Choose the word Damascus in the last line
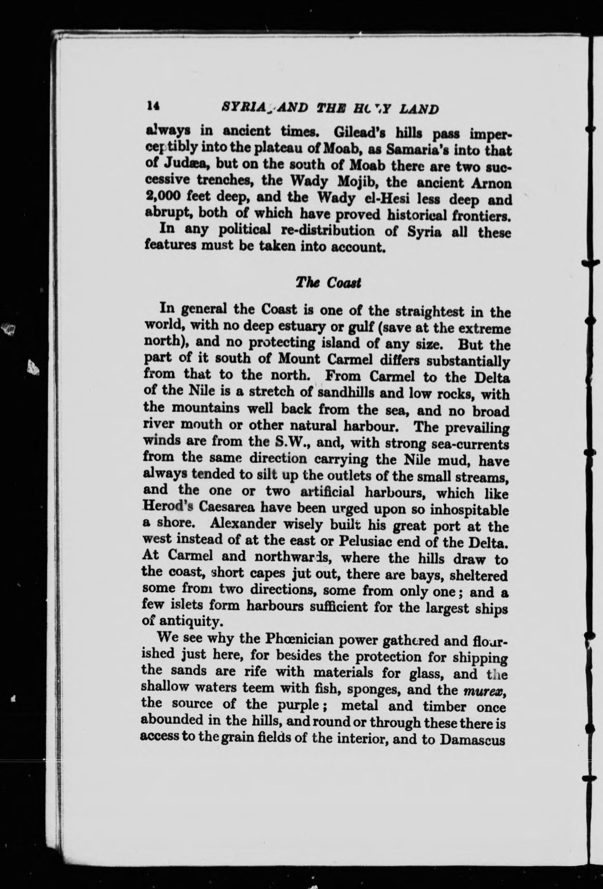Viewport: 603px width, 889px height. coord(472,739)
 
